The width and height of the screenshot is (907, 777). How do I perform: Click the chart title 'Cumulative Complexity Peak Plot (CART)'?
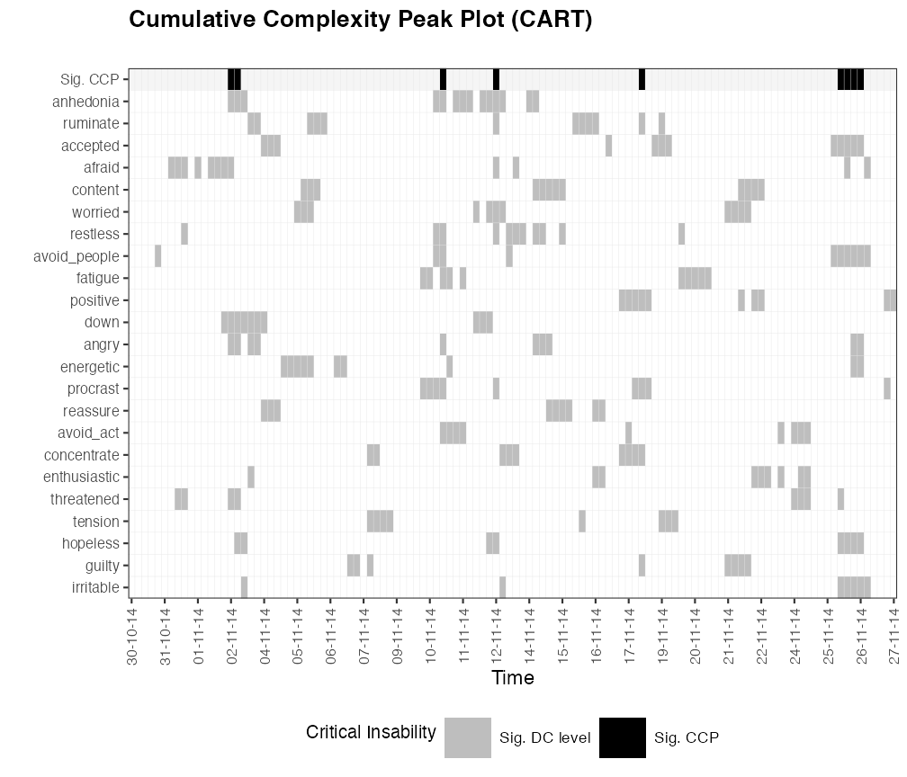coord(361,20)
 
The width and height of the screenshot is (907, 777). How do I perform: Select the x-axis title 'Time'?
coord(512,678)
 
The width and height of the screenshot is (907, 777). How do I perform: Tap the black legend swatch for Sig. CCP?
coord(622,737)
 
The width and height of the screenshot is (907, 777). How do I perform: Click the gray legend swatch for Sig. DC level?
coord(468,737)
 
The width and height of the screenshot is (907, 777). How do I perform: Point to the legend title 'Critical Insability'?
coord(371,732)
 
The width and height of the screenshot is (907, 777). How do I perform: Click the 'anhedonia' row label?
coord(85,102)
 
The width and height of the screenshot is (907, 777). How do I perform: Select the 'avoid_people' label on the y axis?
coord(76,256)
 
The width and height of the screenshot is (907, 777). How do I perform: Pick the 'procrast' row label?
coord(93,388)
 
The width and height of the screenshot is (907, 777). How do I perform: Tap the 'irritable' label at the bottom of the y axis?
coord(95,587)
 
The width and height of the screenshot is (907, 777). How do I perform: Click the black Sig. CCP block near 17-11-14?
coord(642,79)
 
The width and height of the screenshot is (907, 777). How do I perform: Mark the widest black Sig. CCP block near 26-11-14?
coord(850,79)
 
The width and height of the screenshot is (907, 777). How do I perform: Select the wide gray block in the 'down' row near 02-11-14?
coord(244,322)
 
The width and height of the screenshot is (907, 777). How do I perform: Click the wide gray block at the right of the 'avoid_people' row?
coord(850,256)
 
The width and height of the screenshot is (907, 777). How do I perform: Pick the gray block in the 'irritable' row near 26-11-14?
coord(853,587)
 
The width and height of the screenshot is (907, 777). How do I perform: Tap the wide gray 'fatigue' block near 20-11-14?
coord(695,278)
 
